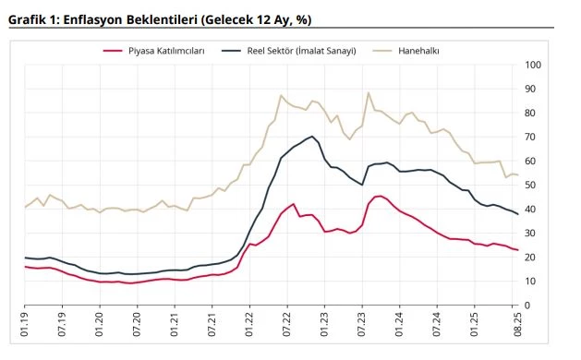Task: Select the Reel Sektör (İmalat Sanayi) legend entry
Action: click(x=301, y=50)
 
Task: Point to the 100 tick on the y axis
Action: click(x=533, y=65)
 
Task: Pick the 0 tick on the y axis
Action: click(x=527, y=306)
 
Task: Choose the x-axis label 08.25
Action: click(x=515, y=328)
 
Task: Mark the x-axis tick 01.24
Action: click(x=401, y=328)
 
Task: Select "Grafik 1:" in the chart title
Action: click(x=33, y=18)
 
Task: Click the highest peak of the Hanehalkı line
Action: click(x=369, y=92)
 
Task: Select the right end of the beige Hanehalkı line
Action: click(x=517, y=174)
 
